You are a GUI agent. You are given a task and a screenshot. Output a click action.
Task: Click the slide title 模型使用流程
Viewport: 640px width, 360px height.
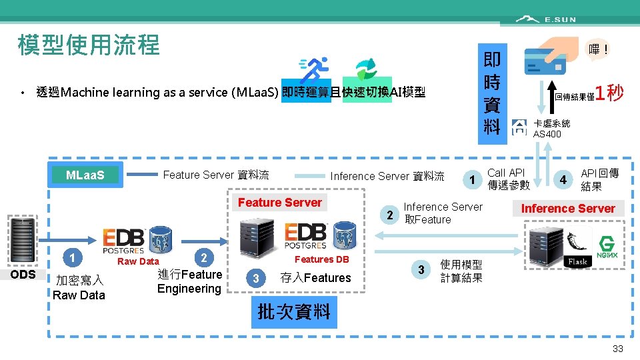(x=89, y=45)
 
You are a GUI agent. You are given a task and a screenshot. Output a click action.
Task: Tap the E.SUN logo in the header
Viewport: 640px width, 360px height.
(x=547, y=19)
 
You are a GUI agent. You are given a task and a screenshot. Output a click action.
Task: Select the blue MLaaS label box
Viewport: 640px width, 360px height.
(x=85, y=175)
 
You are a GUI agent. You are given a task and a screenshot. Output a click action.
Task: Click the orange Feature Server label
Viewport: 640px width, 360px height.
(x=280, y=203)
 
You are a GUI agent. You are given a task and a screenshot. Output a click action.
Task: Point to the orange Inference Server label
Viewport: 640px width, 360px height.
(x=568, y=209)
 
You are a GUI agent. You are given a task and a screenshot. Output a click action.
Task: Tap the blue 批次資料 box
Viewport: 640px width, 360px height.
(x=294, y=312)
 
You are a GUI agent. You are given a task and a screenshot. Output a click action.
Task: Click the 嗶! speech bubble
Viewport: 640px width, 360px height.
(x=598, y=49)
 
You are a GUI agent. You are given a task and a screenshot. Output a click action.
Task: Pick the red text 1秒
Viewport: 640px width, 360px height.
(x=609, y=93)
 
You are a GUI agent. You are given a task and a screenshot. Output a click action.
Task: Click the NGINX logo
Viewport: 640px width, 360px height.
(x=607, y=247)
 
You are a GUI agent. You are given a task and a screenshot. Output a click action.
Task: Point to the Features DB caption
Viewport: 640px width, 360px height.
(x=321, y=259)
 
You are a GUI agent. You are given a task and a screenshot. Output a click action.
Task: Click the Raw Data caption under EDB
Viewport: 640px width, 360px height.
(x=138, y=261)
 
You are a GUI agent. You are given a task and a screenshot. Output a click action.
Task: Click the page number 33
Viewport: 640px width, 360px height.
(x=617, y=349)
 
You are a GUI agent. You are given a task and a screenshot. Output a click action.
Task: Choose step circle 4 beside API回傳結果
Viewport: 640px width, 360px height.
(x=563, y=179)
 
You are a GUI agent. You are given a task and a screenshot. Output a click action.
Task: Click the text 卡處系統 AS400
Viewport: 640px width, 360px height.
(x=551, y=129)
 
